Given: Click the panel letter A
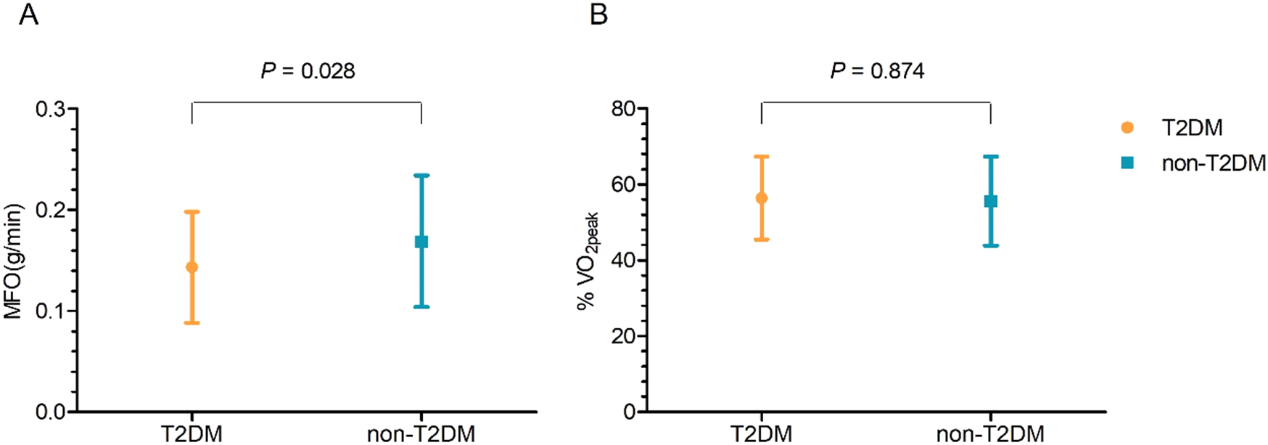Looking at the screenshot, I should [28, 15].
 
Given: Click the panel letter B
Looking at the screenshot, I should [598, 15].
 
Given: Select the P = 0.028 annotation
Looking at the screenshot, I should [308, 71].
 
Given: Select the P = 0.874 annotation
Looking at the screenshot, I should [877, 71].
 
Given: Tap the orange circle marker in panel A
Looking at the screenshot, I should [192, 267].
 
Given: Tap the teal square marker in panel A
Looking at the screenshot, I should [421, 242].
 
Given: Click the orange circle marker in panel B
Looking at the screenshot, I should [762, 198].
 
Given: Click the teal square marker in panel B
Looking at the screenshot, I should [991, 201].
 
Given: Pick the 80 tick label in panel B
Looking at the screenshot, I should [623, 110].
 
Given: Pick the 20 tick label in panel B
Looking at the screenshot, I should [623, 337].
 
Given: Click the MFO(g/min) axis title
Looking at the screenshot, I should [13, 261].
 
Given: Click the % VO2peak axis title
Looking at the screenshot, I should [587, 261].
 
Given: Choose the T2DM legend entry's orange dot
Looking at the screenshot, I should [1127, 128].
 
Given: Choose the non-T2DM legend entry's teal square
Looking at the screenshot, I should [1127, 163].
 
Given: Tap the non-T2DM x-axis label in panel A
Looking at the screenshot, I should [421, 434].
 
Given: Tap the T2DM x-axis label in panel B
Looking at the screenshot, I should [761, 434].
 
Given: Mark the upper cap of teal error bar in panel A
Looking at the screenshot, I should [421, 176].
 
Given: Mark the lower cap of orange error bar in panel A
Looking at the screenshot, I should [192, 323].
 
